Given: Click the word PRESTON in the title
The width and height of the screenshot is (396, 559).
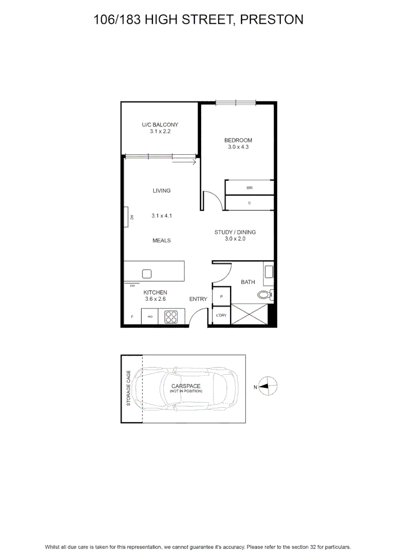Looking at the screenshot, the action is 272,20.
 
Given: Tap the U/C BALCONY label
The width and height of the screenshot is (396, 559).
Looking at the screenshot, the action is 160,125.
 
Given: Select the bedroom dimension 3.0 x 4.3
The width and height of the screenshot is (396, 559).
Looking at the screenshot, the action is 238,147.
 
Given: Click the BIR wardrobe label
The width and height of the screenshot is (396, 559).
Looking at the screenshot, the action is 249,188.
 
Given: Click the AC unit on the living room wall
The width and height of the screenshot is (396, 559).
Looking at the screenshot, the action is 126,217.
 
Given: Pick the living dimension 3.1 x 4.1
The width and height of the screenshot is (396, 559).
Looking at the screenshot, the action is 161,216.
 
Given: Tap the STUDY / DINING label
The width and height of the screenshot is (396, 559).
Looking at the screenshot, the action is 235,232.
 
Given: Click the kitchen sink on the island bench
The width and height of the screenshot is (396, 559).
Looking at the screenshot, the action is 147,274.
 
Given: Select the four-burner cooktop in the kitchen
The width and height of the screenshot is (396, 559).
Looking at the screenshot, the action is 171,317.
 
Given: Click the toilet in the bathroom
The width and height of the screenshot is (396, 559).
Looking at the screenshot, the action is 265,295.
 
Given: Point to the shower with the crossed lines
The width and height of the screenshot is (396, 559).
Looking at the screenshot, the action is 249,314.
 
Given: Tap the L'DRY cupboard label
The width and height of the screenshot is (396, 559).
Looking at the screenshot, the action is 221,315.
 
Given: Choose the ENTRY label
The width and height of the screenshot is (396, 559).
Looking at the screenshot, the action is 198,299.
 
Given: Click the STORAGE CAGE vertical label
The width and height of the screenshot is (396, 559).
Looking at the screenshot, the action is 129,388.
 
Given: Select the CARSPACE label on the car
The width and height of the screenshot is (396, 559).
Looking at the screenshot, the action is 186,386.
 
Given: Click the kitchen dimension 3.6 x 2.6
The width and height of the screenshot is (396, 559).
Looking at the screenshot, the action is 155,299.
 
